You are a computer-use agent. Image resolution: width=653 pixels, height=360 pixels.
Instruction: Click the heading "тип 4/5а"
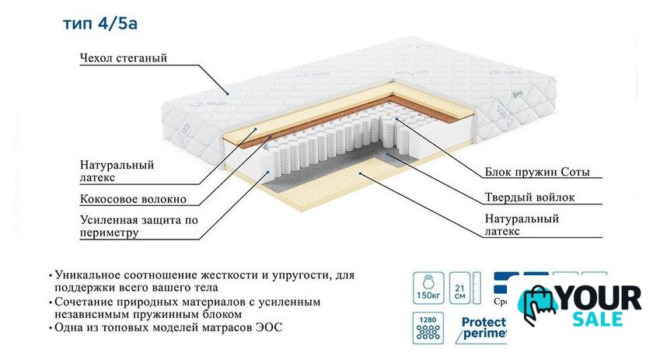point(101,23)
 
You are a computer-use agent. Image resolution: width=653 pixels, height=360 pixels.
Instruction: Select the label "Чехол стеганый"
point(123,58)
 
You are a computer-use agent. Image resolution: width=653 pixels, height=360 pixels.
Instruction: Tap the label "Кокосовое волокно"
point(133,199)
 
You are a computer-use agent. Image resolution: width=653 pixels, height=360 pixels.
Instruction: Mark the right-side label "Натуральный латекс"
point(521,225)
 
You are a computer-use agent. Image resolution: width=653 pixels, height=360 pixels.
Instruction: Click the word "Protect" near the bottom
point(485,323)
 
